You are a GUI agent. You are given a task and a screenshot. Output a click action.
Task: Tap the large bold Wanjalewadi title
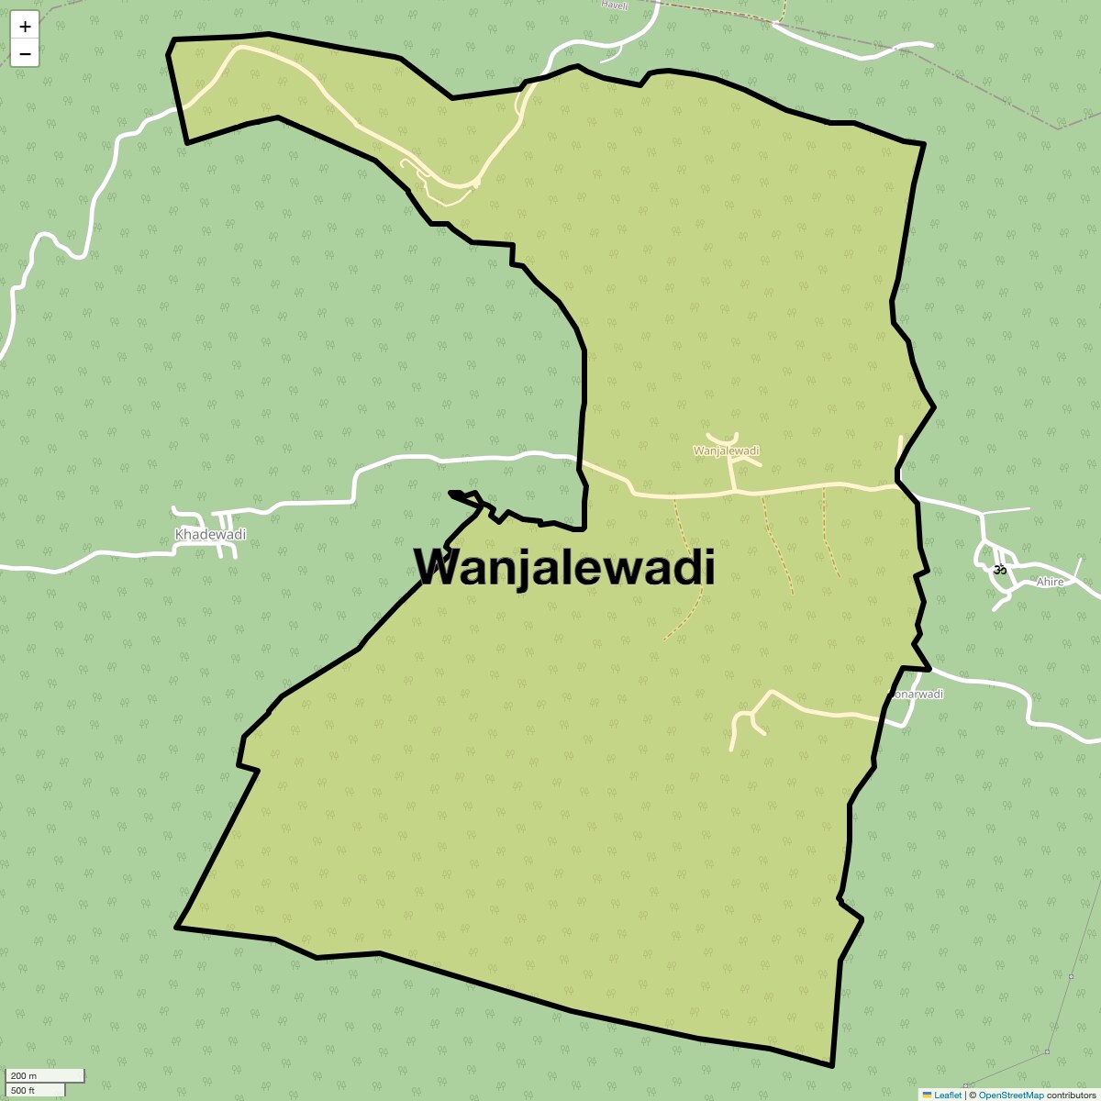[564, 567]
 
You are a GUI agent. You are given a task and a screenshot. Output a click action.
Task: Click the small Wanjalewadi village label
[726, 450]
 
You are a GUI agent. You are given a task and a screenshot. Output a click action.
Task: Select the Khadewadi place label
[210, 535]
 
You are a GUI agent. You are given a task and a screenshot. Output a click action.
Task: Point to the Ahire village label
[1050, 582]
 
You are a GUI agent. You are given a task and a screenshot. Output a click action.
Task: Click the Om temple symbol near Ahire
[1000, 569]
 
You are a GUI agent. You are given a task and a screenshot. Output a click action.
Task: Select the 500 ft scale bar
[37, 1090]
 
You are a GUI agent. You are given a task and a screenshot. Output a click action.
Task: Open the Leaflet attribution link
[948, 1095]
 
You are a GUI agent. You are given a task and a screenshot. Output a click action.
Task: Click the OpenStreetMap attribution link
[1011, 1095]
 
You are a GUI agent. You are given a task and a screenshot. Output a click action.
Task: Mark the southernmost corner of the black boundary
[831, 1066]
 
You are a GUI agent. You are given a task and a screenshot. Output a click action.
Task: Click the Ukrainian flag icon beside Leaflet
[928, 1095]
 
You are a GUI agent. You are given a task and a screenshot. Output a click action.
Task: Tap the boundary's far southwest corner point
[176, 927]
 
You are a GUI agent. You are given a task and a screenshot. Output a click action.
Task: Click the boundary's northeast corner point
[923, 144]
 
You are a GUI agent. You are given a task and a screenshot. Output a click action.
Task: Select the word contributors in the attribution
[1071, 1095]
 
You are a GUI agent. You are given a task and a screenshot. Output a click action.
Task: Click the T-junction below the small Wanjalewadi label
[735, 492]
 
